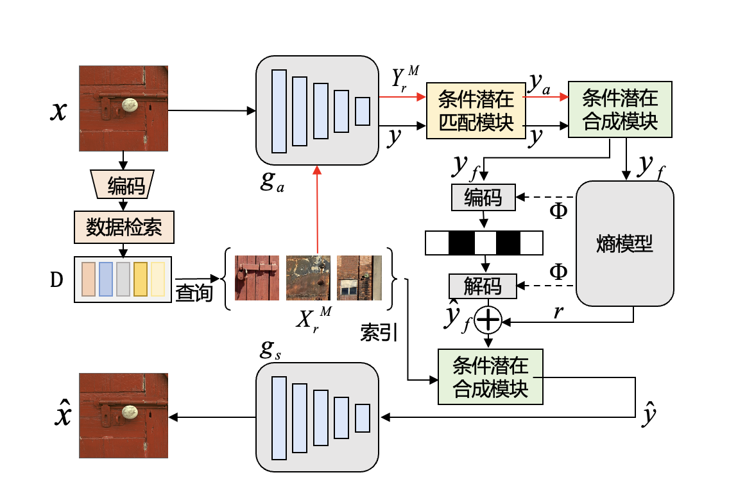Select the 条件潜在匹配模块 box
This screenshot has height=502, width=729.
point(476,110)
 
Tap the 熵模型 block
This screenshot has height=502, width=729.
point(625,244)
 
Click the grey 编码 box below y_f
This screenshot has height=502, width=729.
point(483,197)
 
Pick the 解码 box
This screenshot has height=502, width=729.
point(483,286)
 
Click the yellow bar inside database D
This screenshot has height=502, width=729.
point(141,279)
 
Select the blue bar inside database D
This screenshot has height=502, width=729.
point(106,279)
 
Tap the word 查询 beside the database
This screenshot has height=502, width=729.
point(194,293)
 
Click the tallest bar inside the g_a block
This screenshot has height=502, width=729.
point(279,110)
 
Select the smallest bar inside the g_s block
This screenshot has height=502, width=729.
point(363,418)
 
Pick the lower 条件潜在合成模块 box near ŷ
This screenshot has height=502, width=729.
point(490,377)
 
